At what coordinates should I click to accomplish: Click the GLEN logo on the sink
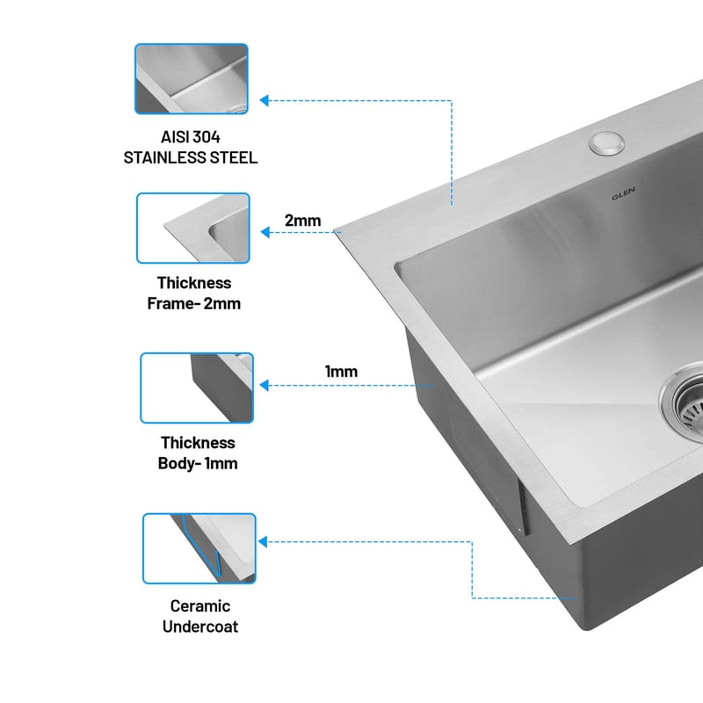pos(623,193)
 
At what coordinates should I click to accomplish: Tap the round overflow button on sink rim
pos(607,143)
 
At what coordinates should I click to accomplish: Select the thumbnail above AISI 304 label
pos(192,79)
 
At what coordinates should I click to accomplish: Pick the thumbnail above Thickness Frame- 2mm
pos(193,228)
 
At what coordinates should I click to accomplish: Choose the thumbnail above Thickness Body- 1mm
pos(197,388)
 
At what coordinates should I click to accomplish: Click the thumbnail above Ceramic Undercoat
pos(199,548)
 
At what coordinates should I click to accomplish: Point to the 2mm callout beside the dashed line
pos(303,221)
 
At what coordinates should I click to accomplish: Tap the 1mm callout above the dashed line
pos(341,372)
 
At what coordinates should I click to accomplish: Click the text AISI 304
pos(191,137)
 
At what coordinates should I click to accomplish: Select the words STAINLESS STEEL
pos(191,158)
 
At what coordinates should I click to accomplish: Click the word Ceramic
pos(200,606)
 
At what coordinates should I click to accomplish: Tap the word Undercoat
pos(200,627)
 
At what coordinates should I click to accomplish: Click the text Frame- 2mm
pos(194,303)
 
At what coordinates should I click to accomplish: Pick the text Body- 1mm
pos(198,463)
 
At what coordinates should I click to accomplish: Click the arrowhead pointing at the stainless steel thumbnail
pos(265,100)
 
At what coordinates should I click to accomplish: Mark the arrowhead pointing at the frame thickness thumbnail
pos(265,232)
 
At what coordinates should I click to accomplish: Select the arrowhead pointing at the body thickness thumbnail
pos(265,385)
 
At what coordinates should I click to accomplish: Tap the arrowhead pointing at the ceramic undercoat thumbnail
pos(263,541)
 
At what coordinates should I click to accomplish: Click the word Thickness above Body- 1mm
pos(199,443)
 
